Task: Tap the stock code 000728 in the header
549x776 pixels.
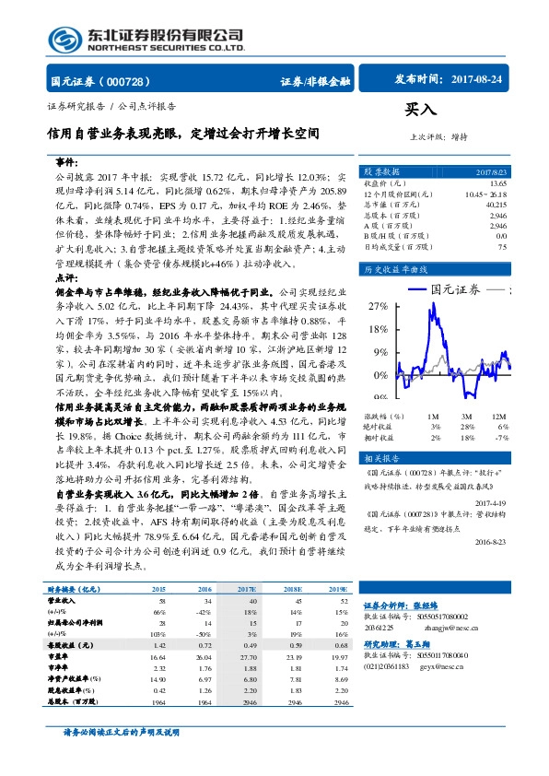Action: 134,81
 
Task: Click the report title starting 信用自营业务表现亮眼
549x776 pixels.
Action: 184,134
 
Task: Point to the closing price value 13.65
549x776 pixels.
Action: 497,182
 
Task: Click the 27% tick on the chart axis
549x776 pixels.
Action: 377,304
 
